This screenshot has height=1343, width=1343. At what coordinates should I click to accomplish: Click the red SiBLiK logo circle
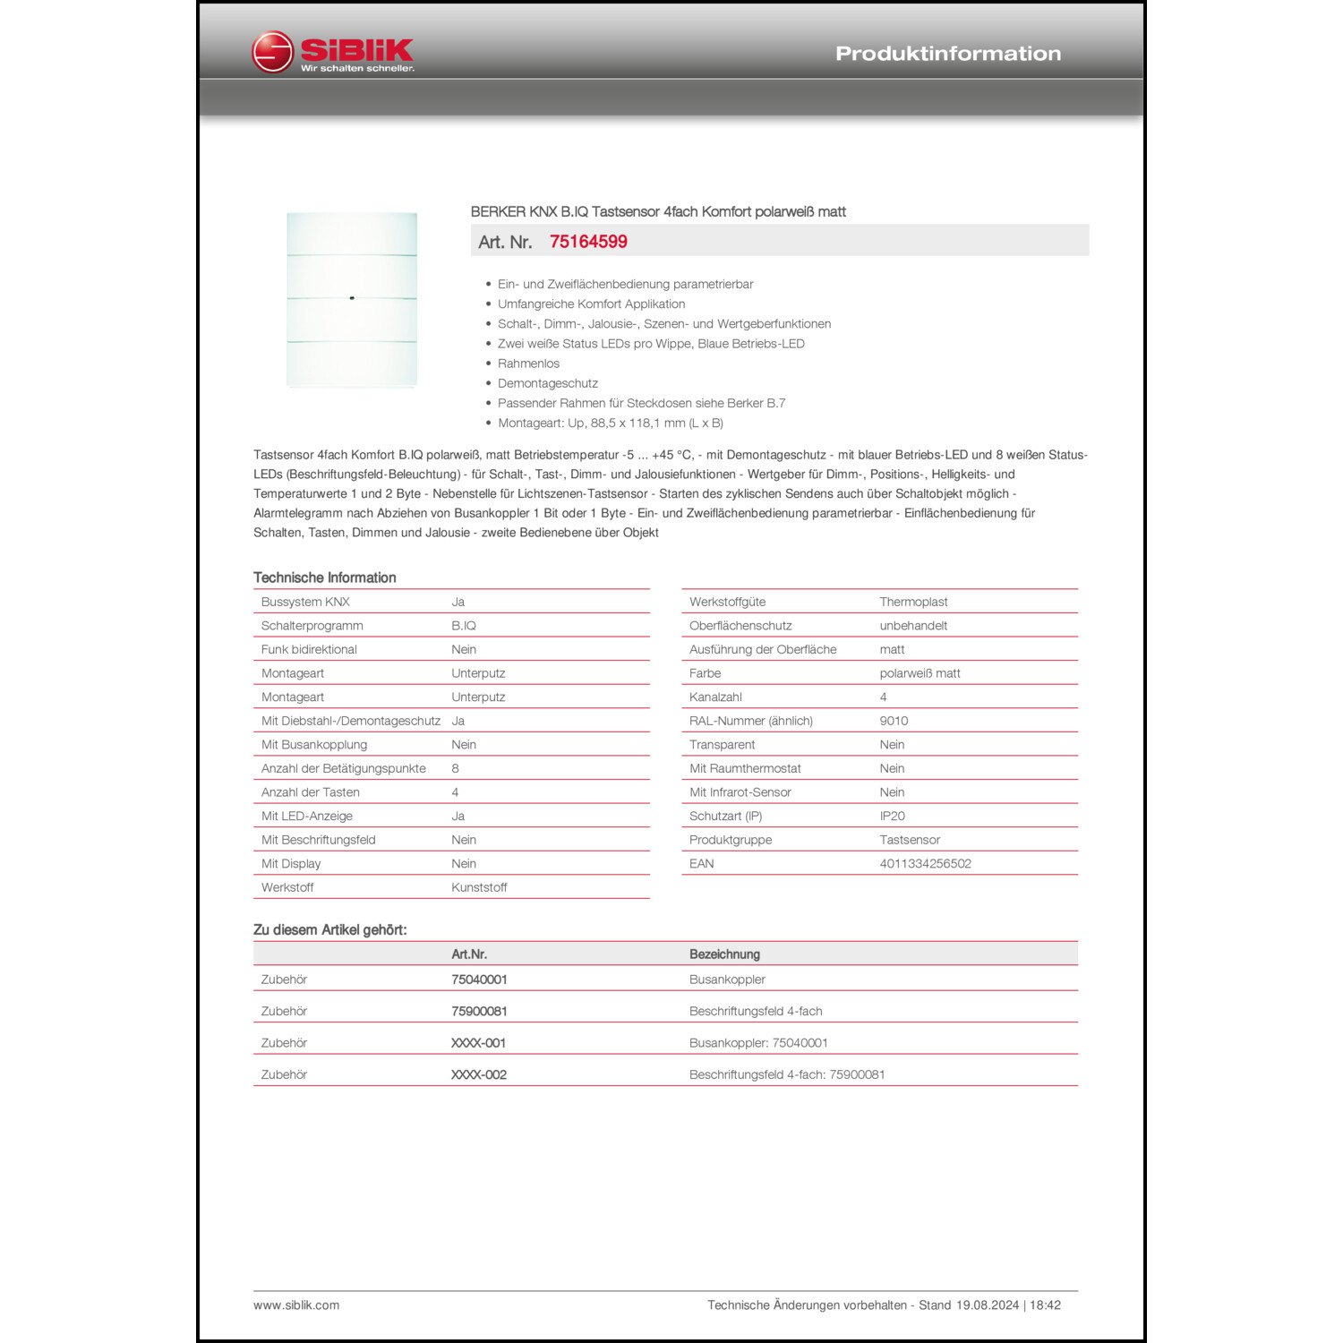click(272, 52)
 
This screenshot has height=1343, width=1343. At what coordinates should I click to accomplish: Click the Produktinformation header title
click(948, 54)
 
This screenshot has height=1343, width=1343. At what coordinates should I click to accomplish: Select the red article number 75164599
click(588, 242)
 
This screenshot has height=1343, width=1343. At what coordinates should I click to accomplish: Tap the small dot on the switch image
click(352, 297)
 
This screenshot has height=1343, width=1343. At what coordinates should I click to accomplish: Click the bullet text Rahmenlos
click(528, 364)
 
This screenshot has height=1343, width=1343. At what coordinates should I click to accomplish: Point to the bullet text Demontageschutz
click(547, 383)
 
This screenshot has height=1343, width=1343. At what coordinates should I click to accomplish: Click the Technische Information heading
click(324, 577)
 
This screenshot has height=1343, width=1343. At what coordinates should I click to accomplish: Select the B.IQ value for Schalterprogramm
click(464, 626)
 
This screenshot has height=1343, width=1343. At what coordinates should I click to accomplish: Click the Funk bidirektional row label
click(309, 649)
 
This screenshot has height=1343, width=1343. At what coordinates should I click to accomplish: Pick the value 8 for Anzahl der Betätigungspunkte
click(455, 768)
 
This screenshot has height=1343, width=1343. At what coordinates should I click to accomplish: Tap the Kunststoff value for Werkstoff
click(479, 887)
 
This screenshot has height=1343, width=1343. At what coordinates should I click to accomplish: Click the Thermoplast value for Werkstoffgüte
click(913, 602)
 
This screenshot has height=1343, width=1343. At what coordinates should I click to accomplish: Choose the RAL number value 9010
click(894, 721)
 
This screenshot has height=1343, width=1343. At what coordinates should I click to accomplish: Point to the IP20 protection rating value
click(892, 816)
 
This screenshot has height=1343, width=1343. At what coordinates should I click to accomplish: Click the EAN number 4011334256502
click(925, 863)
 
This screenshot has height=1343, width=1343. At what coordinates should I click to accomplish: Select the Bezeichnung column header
click(724, 954)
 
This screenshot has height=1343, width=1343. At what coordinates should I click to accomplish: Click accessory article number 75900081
click(479, 1011)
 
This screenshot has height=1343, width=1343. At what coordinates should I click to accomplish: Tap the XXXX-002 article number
click(479, 1074)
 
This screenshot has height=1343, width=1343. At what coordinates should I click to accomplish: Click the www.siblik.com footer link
click(296, 1305)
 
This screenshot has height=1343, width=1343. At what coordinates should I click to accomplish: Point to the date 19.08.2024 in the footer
click(987, 1305)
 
